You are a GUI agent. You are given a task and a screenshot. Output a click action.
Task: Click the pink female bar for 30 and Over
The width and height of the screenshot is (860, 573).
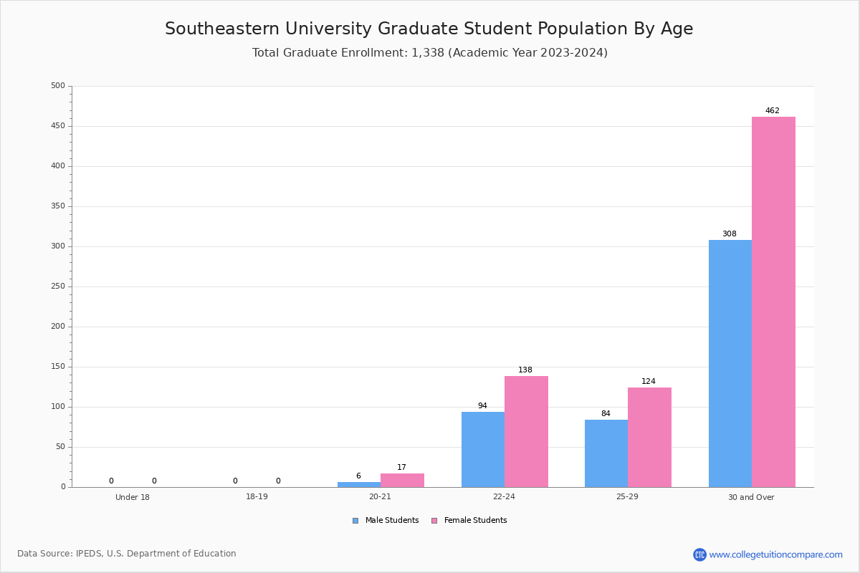coord(773,302)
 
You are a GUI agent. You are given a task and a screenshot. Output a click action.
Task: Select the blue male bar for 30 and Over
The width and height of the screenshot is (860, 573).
coord(730,363)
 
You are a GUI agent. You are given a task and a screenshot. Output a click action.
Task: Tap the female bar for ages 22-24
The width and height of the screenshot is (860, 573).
coord(526,432)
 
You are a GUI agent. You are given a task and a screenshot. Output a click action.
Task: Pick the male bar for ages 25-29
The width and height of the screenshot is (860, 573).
coord(606,453)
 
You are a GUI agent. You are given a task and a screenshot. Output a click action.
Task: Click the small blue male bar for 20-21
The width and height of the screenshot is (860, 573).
coord(359,485)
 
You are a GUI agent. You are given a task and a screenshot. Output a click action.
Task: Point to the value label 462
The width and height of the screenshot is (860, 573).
coord(773,110)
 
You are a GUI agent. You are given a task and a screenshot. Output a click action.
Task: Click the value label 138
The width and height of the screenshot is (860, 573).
coord(525,370)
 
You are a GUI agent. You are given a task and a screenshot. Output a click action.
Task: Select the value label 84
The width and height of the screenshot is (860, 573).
coord(606,413)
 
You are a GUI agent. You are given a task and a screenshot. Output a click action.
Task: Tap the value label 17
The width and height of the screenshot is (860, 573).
coord(401,467)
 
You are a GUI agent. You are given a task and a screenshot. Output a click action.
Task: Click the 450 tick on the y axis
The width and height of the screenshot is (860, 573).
coord(58,126)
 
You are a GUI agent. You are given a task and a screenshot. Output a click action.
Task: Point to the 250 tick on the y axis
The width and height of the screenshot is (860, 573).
coord(58,286)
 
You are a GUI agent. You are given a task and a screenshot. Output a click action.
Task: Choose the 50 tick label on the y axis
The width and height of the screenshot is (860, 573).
coord(61,447)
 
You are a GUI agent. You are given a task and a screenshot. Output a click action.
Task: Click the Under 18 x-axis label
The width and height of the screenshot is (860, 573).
coord(133,497)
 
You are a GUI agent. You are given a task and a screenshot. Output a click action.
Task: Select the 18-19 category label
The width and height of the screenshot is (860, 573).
coord(257,496)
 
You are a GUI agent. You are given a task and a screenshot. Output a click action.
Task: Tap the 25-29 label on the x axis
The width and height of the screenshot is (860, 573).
coord(627,496)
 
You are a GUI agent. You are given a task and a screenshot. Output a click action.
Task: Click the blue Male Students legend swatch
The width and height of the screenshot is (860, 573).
coord(355,521)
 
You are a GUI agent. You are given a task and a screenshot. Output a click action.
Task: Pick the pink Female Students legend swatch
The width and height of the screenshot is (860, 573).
coord(434,521)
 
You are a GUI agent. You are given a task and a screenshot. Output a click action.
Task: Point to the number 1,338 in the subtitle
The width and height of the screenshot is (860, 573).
coord(428,53)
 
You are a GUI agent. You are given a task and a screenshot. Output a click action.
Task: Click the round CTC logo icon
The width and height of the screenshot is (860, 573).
coord(699,554)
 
